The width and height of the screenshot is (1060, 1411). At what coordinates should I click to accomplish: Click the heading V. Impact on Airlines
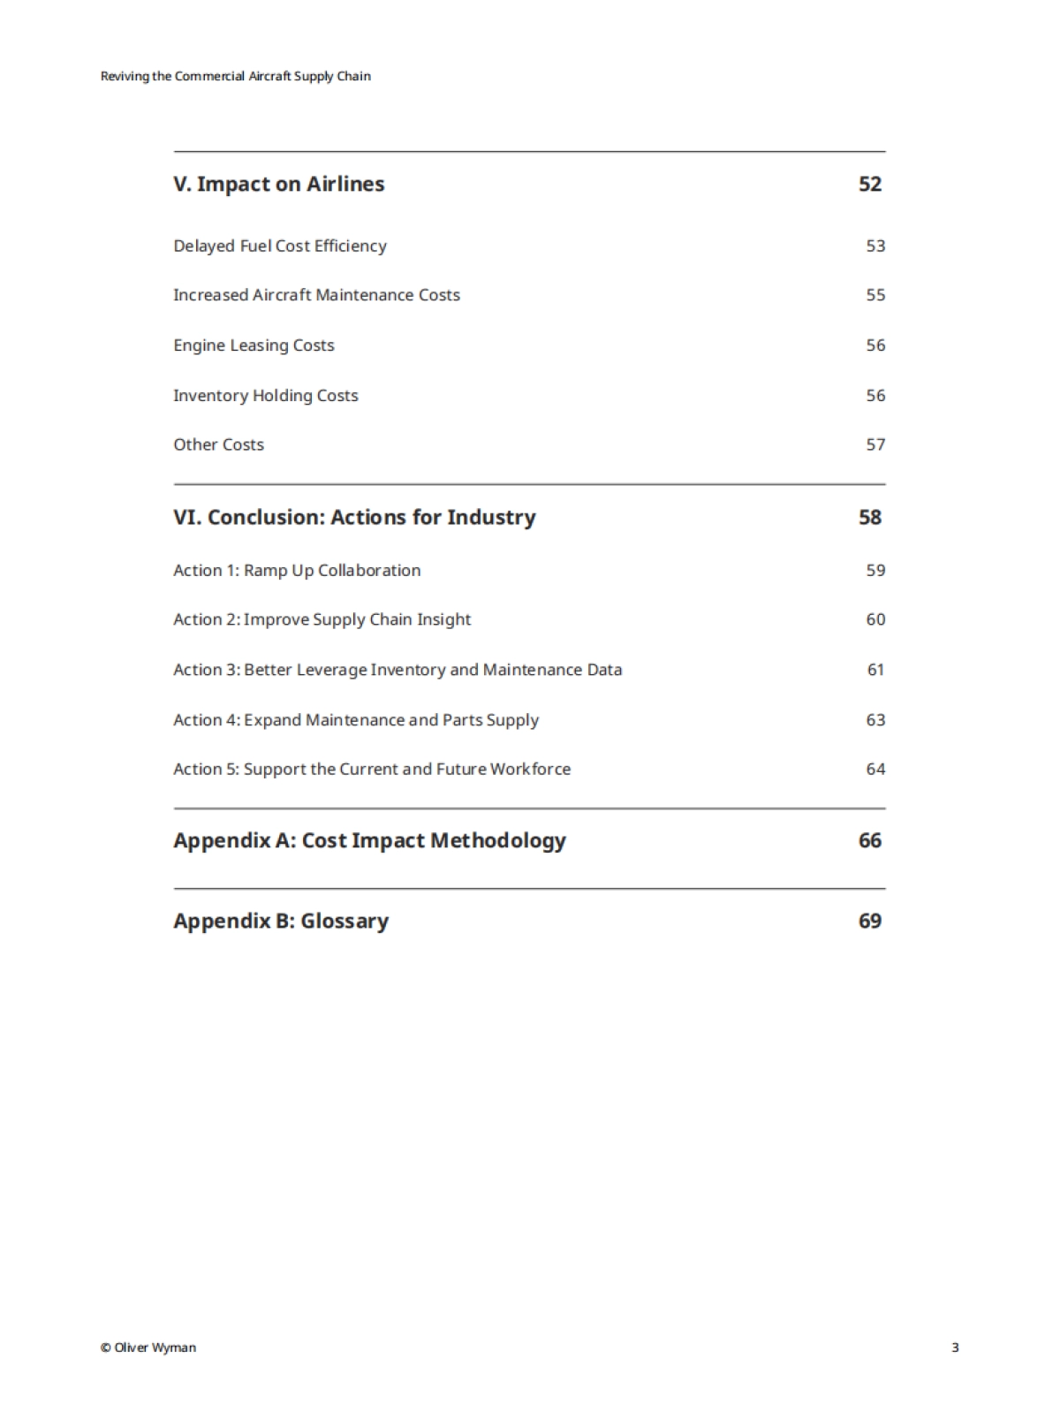[279, 184]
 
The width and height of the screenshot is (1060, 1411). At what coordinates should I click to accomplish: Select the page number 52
[870, 184]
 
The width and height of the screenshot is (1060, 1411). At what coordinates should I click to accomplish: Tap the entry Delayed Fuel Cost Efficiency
[280, 246]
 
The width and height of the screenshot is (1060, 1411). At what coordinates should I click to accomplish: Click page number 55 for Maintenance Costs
[875, 295]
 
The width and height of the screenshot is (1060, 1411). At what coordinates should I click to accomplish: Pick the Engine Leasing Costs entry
[254, 345]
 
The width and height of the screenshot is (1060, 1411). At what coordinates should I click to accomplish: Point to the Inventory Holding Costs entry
[266, 396]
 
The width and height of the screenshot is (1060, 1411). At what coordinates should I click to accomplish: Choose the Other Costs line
[218, 444]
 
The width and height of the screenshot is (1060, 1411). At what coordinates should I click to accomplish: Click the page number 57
[875, 444]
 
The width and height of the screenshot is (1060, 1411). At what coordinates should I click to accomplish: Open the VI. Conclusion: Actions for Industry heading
[354, 517]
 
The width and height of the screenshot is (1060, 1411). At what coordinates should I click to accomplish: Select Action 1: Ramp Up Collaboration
[297, 570]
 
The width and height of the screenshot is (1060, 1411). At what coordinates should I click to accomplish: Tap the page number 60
[875, 619]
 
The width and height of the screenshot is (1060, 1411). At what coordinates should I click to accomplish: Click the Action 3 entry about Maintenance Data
[397, 670]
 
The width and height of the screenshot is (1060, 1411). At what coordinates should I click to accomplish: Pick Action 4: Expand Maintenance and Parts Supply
[356, 720]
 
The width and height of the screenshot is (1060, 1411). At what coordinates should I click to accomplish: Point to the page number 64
[875, 770]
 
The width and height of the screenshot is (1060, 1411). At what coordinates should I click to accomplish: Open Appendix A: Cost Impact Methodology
[369, 840]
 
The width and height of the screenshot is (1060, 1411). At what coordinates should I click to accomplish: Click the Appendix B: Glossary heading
[281, 921]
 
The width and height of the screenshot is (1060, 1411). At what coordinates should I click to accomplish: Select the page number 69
[870, 921]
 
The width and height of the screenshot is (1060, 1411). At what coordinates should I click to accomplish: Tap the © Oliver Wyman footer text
[148, 1347]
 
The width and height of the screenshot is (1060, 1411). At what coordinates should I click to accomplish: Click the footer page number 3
[955, 1347]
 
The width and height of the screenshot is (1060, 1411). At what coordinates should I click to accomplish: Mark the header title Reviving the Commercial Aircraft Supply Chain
[236, 76]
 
